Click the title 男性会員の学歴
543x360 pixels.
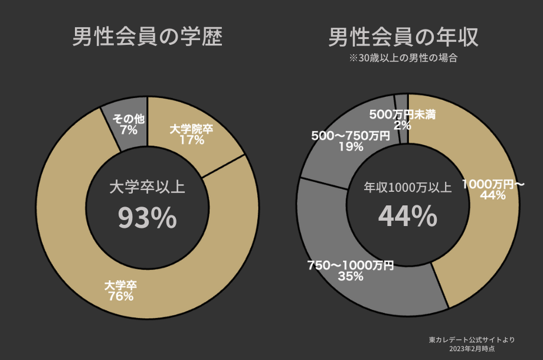pyautogui.click(x=148, y=37)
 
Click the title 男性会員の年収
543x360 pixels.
pyautogui.click(x=403, y=37)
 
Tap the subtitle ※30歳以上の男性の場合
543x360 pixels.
pyautogui.click(x=404, y=58)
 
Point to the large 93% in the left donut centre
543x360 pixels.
pyautogui.click(x=148, y=218)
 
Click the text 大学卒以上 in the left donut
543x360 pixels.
pyautogui.click(x=148, y=188)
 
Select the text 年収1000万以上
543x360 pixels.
pyautogui.click(x=407, y=188)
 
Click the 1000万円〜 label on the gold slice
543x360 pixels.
pyautogui.click(x=493, y=184)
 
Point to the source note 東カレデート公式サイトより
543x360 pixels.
pyautogui.click(x=472, y=340)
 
